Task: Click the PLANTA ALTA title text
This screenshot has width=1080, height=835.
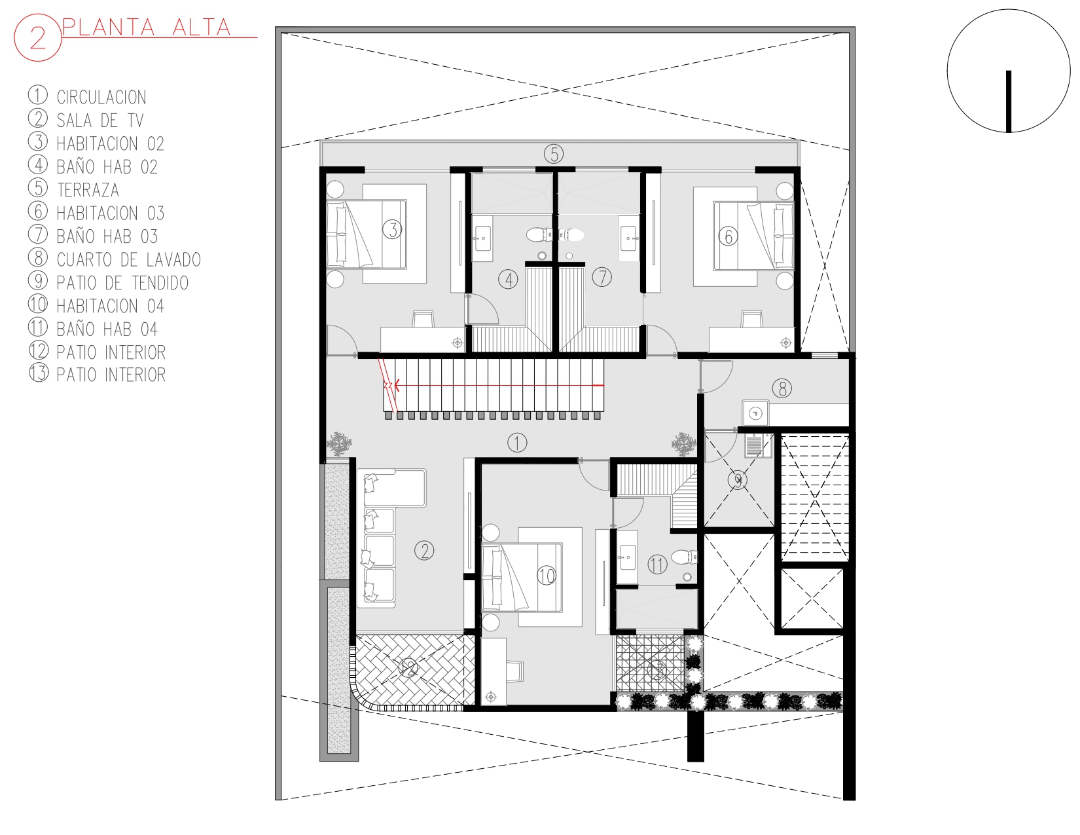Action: coord(147,28)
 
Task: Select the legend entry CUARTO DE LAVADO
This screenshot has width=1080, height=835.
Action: coord(129,259)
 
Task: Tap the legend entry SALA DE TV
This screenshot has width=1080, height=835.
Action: coord(100,121)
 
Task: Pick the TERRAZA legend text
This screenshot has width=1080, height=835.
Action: coord(88,190)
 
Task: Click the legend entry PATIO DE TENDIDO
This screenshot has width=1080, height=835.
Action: coord(122,283)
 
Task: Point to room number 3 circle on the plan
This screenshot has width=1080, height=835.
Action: coord(392,230)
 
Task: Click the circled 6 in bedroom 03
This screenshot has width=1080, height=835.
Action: coord(728,236)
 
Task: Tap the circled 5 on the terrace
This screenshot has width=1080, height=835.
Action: coord(554,154)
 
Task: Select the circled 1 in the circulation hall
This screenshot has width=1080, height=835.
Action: coord(517,442)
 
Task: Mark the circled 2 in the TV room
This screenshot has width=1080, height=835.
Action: coord(424,551)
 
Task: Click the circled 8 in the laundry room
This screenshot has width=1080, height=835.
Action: coord(782,388)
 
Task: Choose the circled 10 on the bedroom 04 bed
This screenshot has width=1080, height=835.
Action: coord(546,576)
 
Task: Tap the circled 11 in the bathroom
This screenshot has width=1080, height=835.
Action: coord(657,565)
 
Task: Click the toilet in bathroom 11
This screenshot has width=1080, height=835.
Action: coord(685,557)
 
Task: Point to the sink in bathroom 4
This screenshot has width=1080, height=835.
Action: coord(482,238)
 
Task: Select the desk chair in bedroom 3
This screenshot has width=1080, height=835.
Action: coord(423,319)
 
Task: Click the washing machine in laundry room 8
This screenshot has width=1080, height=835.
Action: coord(755,413)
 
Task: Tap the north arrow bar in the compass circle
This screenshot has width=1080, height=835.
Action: coord(1009,102)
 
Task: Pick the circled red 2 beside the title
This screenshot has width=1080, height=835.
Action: coord(38,38)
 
